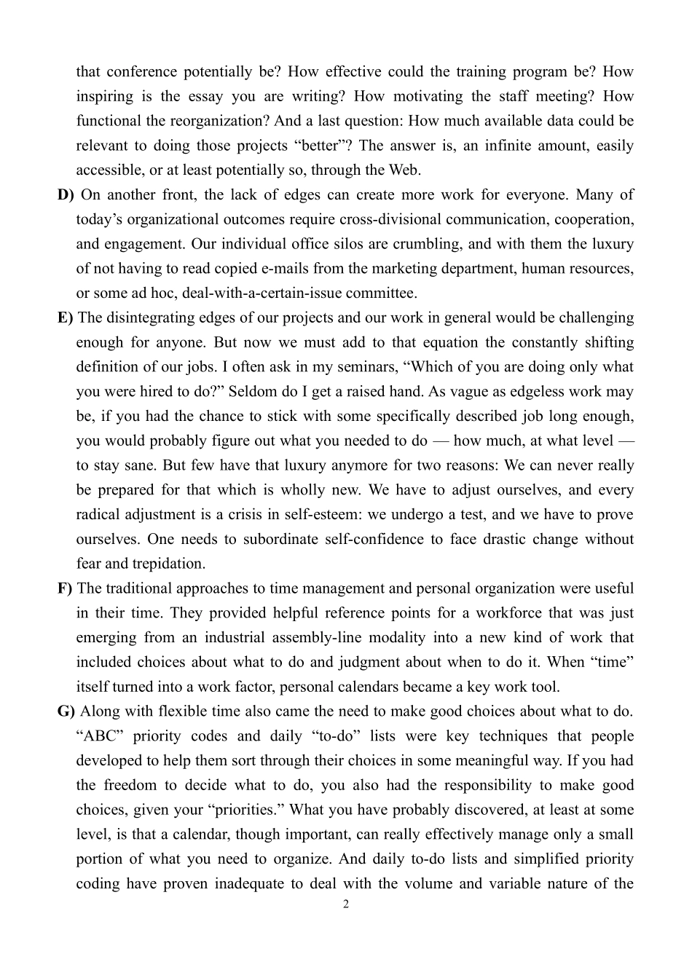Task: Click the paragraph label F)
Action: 65,588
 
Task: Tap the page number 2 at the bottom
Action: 346,904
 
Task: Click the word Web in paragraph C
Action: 405,170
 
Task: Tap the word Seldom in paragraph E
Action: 253,391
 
